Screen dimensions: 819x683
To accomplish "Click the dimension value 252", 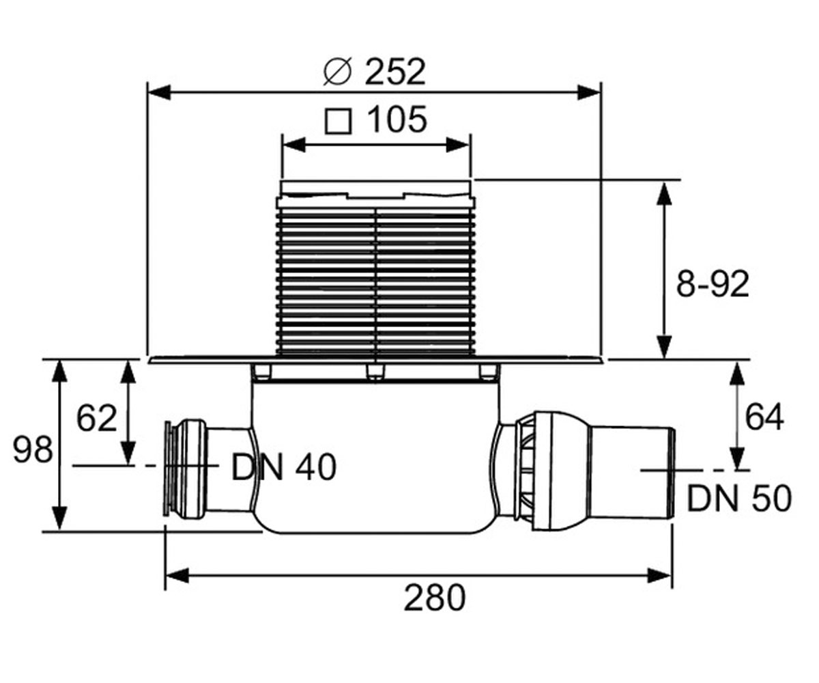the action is coord(395,72).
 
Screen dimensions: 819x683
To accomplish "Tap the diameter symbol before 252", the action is coord(337,72).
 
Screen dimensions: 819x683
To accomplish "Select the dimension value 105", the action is coord(397,120).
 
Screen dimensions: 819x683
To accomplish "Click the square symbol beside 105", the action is coord(338,122).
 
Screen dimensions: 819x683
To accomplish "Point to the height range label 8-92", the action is coord(713,284).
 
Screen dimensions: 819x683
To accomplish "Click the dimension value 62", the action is coord(96,418).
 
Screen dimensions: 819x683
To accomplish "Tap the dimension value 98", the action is coord(33,450).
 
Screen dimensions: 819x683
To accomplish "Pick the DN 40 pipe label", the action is coord(284,467).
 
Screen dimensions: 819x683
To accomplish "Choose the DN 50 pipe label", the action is coord(739,499).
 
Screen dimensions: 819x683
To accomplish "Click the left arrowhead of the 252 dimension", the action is coord(160,92).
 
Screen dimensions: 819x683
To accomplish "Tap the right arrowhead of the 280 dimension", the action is coord(659,576).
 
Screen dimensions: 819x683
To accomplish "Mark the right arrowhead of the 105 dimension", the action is coord(458,145).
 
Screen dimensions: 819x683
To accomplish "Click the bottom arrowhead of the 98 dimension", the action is coord(59,518).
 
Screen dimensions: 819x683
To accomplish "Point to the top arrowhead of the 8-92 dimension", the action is coord(663,194).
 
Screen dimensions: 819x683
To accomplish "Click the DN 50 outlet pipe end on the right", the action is coord(631,473).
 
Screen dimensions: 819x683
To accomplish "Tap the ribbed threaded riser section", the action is coord(376,281).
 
